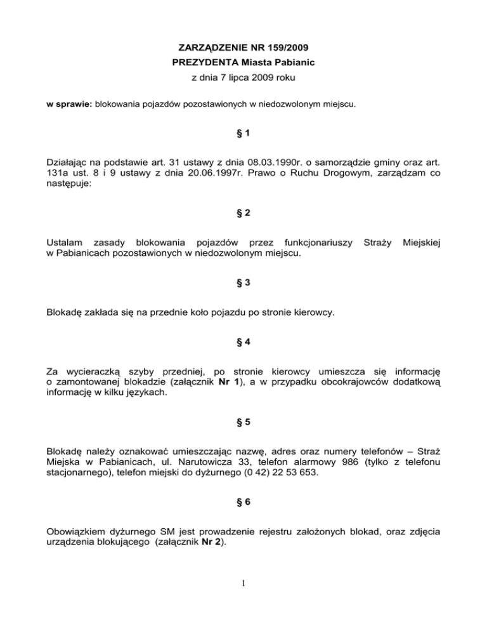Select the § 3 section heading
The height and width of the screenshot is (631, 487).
pyautogui.click(x=243, y=286)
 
